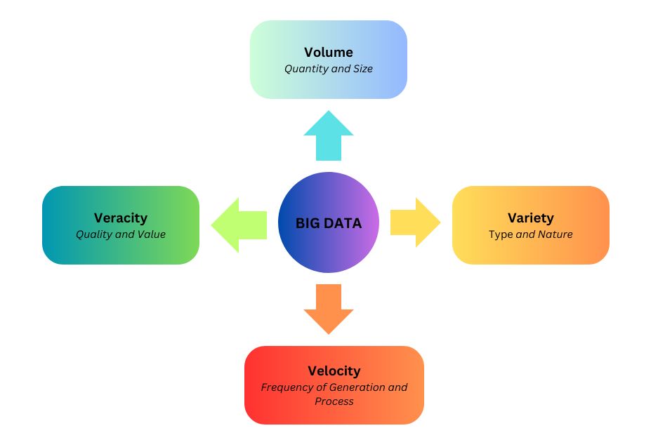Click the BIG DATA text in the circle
(328, 224)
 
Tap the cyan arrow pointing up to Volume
(329, 137)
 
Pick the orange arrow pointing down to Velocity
(329, 308)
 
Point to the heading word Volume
(329, 53)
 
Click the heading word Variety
(531, 218)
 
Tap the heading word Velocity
(334, 371)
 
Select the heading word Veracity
(121, 218)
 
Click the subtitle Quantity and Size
(329, 69)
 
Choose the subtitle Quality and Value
(121, 234)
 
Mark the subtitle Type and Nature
(531, 234)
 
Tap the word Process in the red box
(334, 401)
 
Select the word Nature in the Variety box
(555, 234)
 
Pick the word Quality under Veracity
(94, 234)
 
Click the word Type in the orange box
(501, 234)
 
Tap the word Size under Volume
(362, 69)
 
